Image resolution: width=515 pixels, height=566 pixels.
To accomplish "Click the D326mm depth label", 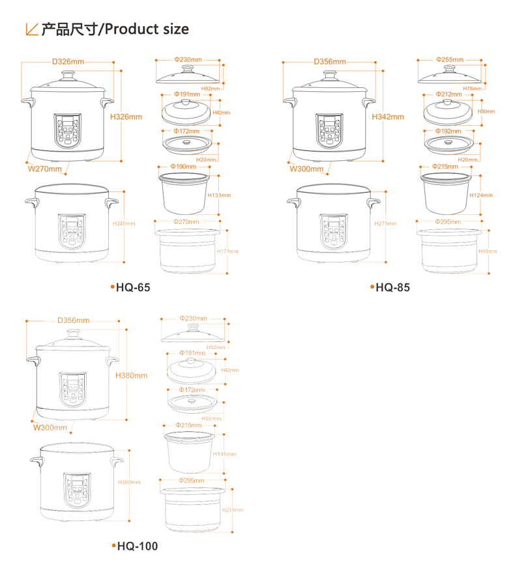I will pos(68,62).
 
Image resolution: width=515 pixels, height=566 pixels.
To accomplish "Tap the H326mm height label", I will pos(125,117).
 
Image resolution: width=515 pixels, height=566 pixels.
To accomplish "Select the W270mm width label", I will pos(44,169).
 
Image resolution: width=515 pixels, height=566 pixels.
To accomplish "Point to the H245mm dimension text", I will pos(123,223).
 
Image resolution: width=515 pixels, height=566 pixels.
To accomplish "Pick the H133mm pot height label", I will pos(219,195).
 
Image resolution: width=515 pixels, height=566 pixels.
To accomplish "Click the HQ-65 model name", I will pos(132,287).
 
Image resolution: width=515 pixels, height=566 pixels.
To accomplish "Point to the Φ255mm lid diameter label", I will pos(449,59).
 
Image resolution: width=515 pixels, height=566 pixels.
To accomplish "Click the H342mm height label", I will pos(387,117).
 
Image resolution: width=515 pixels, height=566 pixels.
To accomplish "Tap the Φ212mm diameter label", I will pos(449,94).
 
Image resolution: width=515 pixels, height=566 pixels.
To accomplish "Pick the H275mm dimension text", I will pos(385,223).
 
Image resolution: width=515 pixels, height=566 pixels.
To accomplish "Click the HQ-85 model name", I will pos(392,287).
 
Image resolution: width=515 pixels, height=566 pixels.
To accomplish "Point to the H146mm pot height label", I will pos(224,454).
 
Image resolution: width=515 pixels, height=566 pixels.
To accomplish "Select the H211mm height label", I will pos(232,510).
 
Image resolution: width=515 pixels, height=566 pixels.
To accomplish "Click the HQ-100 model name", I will pos(137,546).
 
